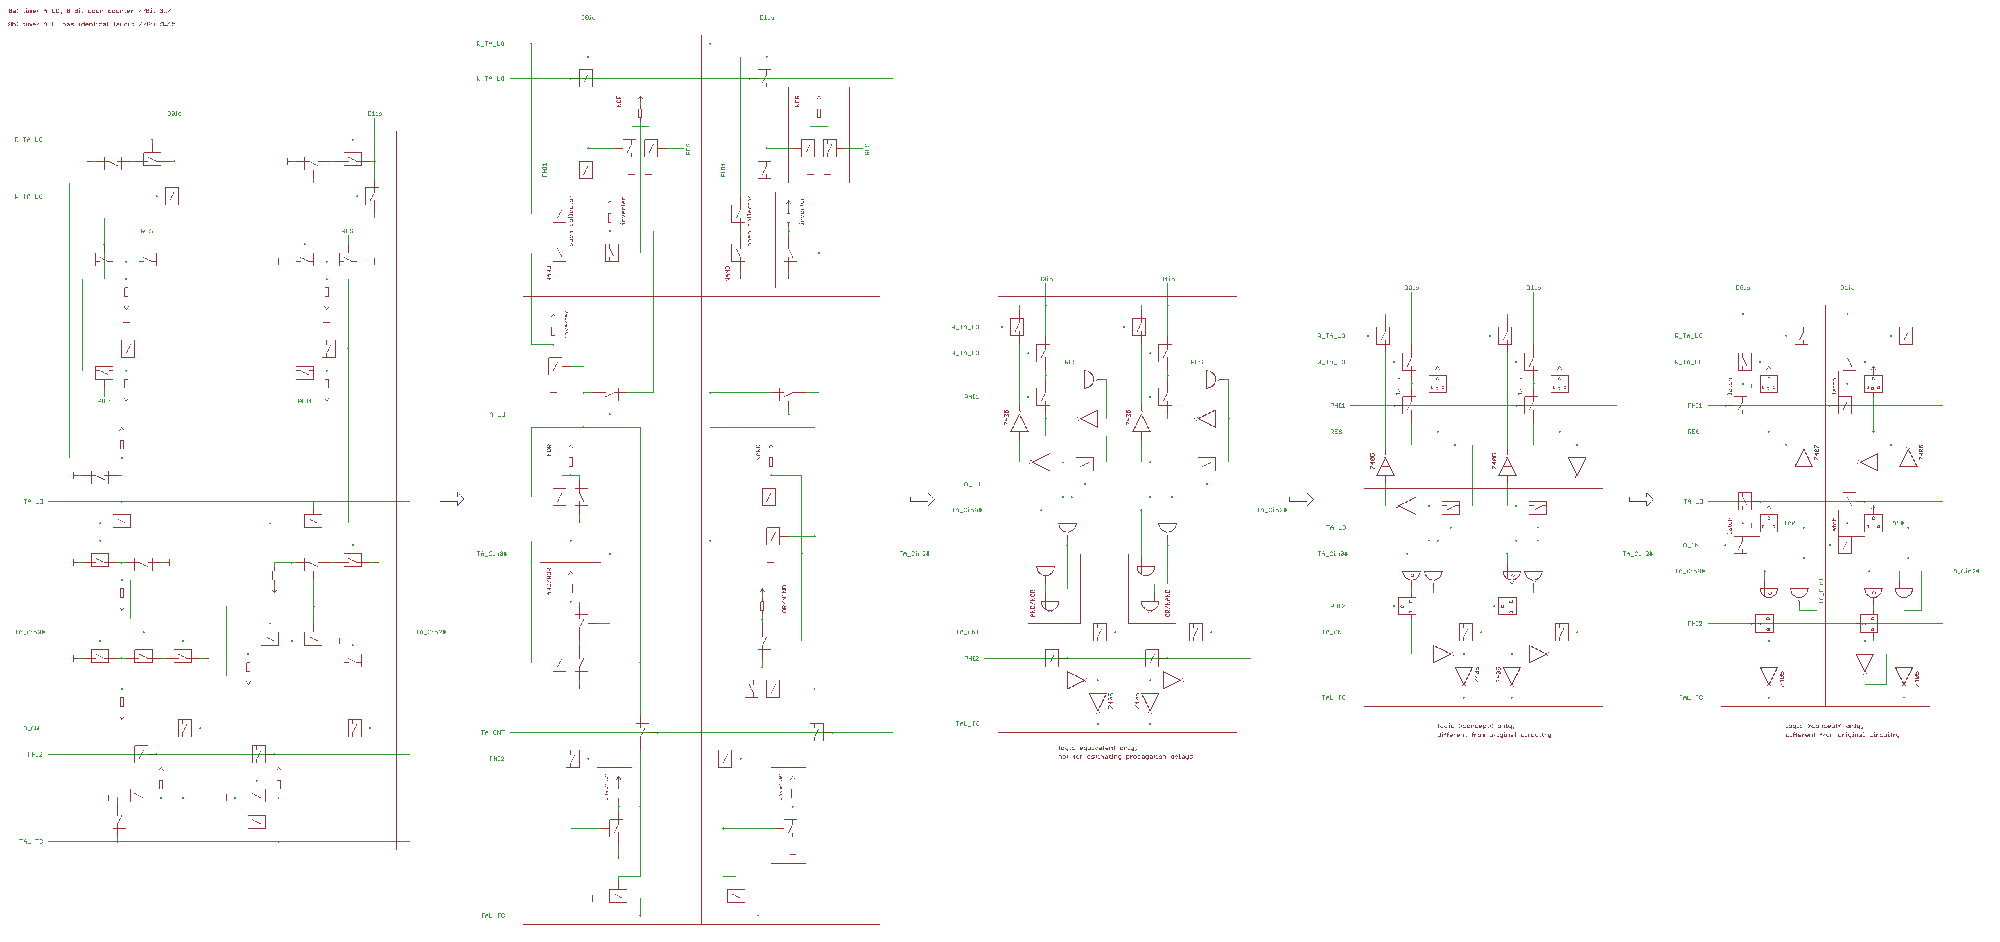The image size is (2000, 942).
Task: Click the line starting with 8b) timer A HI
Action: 92,24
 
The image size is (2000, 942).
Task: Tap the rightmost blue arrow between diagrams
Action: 1641,499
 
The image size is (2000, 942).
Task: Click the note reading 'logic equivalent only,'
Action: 1097,748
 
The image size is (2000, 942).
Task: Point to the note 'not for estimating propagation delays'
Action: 1125,756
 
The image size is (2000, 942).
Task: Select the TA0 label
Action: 1790,523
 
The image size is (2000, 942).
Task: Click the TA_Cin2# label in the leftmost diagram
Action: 431,632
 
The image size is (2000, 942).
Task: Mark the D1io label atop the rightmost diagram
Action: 1847,288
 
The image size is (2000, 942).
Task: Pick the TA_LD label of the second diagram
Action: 495,415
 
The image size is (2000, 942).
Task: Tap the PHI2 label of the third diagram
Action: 971,659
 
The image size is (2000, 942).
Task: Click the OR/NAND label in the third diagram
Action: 1168,603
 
